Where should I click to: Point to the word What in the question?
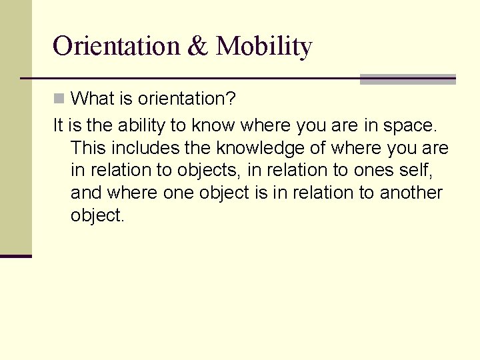(93, 99)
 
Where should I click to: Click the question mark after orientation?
(230, 99)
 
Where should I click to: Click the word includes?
(141, 147)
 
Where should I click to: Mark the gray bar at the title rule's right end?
(407, 79)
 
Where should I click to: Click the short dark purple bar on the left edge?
(15, 256)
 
